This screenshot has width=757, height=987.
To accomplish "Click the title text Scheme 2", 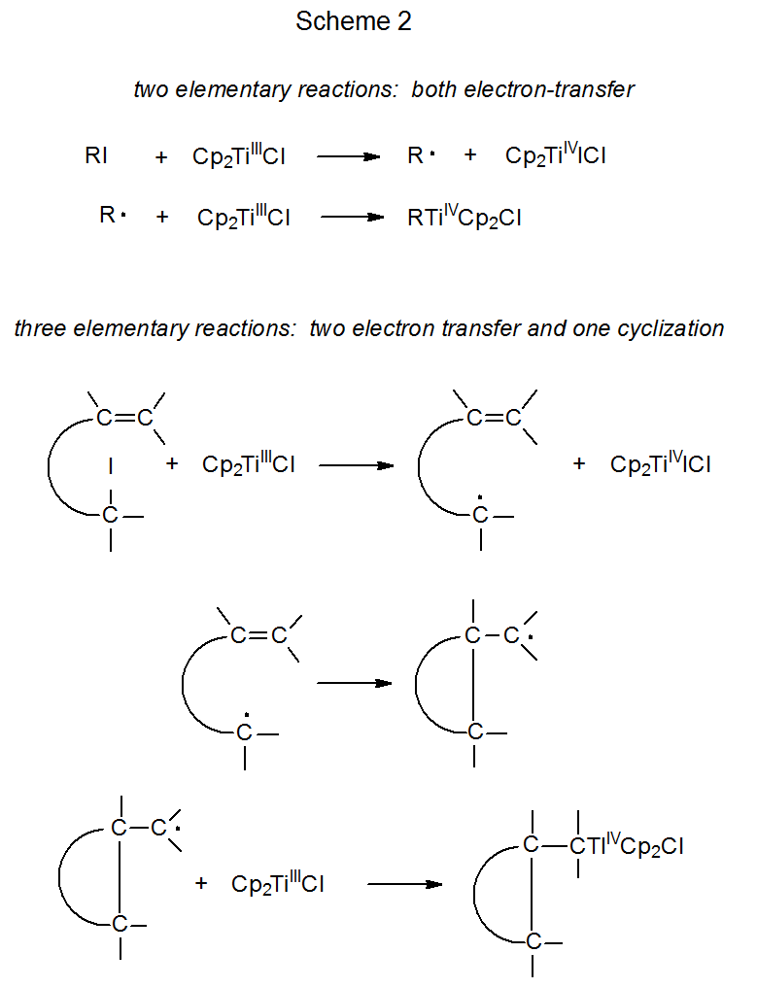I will click(x=354, y=22).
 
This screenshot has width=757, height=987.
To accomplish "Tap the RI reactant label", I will click(x=96, y=155).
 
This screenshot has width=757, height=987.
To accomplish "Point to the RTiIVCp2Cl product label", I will click(x=464, y=218).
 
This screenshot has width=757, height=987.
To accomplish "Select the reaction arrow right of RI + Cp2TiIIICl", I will click(x=348, y=155).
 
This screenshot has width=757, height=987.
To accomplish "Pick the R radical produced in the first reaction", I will click(x=415, y=155).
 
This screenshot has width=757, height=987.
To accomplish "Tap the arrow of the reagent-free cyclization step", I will click(x=354, y=683).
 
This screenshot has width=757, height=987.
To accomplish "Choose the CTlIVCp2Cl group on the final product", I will click(x=628, y=845).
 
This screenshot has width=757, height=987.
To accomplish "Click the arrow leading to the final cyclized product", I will click(x=404, y=884).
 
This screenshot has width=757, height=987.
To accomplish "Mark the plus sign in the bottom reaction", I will click(x=201, y=884).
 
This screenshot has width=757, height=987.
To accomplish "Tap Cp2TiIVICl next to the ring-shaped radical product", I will click(x=660, y=464).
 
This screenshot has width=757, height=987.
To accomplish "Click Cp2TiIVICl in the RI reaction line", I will click(x=555, y=155).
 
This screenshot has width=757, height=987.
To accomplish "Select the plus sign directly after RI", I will click(x=161, y=156).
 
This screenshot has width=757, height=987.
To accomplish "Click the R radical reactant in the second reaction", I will click(x=111, y=216).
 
